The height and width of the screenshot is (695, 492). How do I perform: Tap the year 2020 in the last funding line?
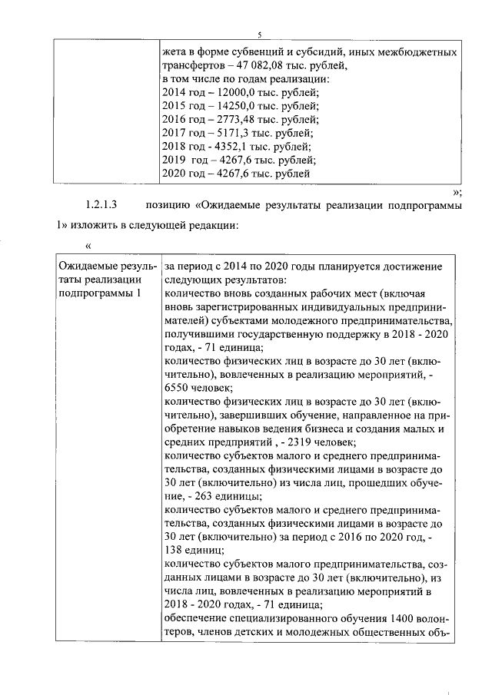pyautogui.click(x=175, y=174)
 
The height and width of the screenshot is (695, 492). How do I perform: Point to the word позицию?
pyautogui.click(x=168, y=205)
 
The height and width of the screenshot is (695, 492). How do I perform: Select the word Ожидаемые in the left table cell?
pyautogui.click(x=85, y=266)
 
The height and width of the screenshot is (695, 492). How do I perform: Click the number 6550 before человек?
pyautogui.click(x=178, y=389)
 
